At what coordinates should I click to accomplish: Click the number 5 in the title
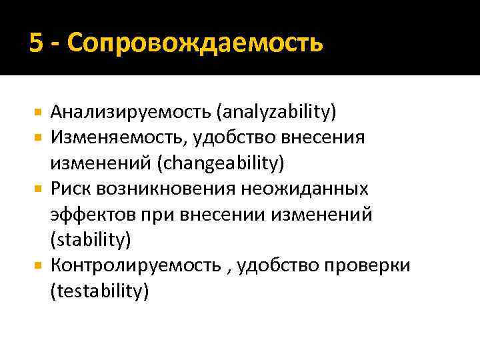coord(36,44)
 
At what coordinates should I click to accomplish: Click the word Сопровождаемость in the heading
coord(195,44)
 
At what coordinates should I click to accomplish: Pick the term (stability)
coord(90,240)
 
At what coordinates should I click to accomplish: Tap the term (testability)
coord(99,291)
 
